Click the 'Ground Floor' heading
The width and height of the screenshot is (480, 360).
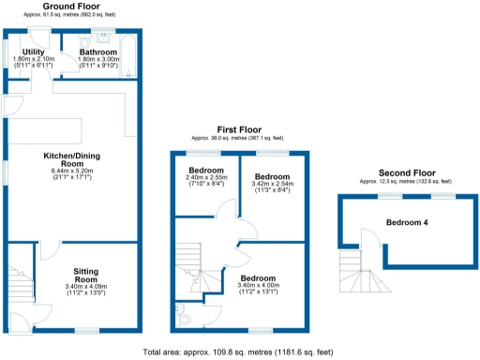click(72, 7)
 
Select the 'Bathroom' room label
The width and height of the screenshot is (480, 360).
click(97, 52)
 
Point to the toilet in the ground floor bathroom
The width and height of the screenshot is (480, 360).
click(85, 42)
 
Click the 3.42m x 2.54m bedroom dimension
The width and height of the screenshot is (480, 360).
click(273, 184)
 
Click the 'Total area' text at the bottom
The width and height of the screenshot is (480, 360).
click(240, 352)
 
